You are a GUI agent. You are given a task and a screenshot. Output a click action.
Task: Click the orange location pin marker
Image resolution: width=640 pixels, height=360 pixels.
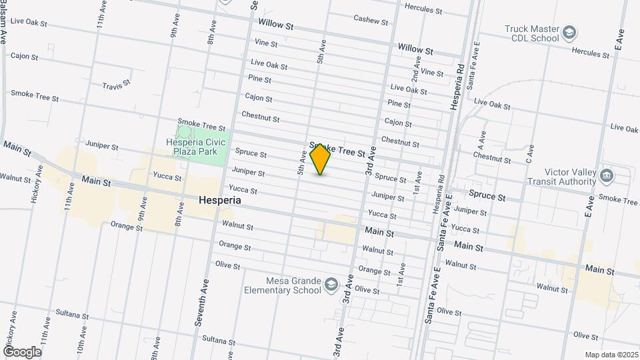(321, 159)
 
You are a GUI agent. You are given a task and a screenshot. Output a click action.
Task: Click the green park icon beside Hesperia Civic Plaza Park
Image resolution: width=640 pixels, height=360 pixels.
(184, 132)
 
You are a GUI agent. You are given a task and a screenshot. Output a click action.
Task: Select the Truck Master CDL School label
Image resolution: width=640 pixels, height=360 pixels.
(531, 33)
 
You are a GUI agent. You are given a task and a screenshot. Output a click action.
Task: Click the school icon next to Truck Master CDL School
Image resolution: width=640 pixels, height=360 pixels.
(569, 32)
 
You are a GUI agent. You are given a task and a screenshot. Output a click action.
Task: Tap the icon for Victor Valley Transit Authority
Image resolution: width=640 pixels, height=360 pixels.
(606, 176)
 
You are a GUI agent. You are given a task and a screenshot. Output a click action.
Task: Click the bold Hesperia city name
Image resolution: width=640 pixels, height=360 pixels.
(219, 200)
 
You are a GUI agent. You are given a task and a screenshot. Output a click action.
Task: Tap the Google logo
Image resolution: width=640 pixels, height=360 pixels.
(22, 351)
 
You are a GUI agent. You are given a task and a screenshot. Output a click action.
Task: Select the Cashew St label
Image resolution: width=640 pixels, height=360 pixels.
(371, 20)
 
